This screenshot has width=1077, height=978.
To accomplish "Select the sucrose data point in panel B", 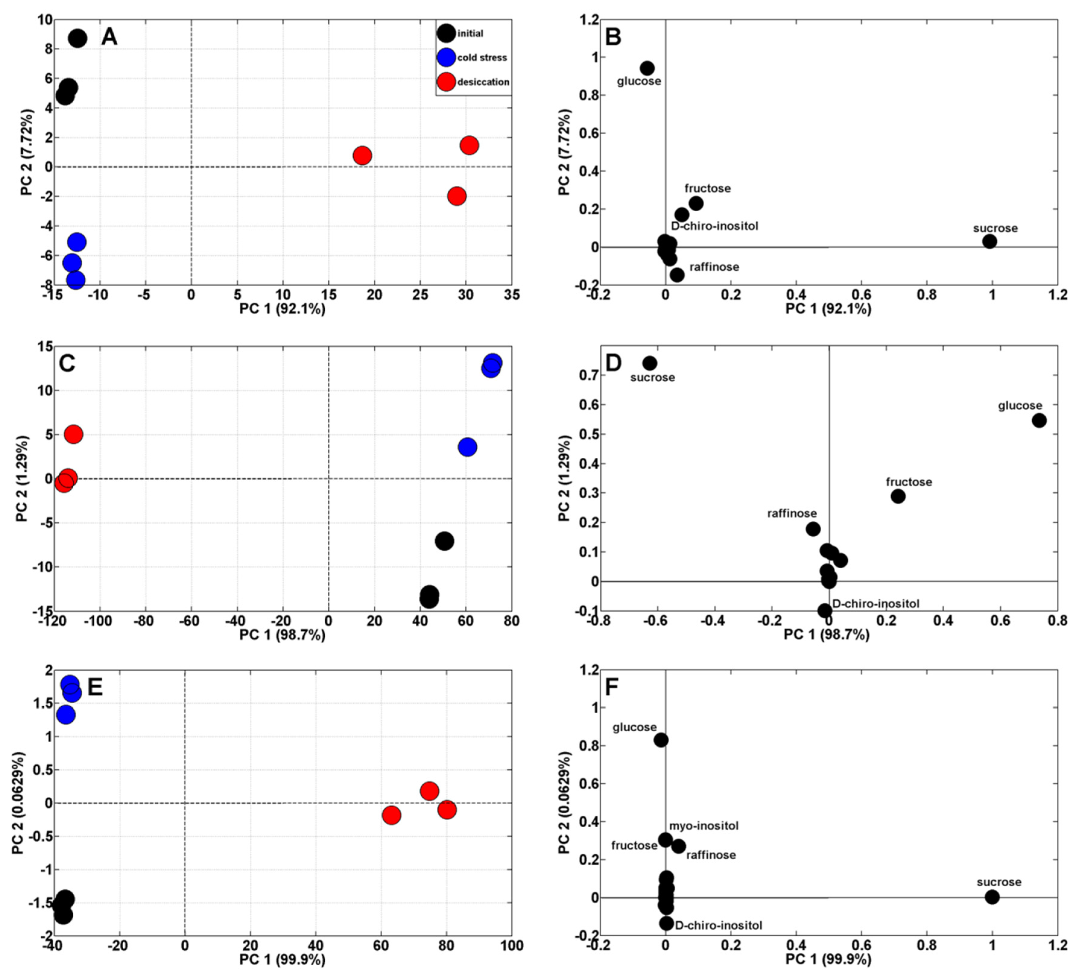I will [989, 241].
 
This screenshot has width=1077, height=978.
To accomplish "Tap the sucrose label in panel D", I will [652, 378].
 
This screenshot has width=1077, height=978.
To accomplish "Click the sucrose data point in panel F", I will [992, 897].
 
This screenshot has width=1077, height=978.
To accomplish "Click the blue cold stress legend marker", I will [446, 57].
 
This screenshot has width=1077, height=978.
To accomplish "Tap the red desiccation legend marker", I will [446, 82].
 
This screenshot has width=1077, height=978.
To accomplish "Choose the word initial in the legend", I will [470, 34].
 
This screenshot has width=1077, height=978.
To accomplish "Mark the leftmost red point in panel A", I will [362, 156].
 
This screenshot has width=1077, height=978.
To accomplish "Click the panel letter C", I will [67, 364].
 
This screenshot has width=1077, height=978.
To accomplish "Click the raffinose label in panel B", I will [714, 267].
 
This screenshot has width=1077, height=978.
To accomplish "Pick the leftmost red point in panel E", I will [392, 815].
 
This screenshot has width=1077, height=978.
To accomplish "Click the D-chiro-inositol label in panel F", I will [719, 925].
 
